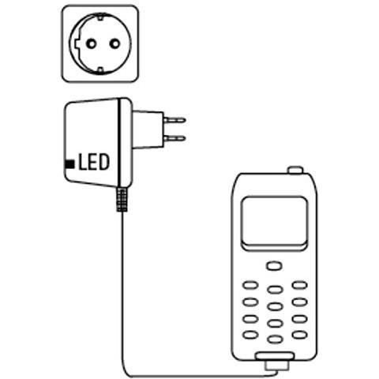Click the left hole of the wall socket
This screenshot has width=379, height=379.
[x=92, y=43]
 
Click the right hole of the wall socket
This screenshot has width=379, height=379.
[x=114, y=43]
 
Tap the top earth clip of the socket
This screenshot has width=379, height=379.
[x=100, y=17]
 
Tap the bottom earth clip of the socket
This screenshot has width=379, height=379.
[x=100, y=69]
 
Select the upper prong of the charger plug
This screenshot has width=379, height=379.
[x=174, y=120]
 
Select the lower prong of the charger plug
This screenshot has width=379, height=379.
[x=174, y=138]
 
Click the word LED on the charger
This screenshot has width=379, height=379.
[x=94, y=162]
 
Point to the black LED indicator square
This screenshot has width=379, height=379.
[x=69, y=164]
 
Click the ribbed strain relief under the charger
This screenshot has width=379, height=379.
[x=122, y=200]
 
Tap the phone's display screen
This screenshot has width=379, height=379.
[x=275, y=220]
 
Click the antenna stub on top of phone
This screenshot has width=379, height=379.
[x=295, y=170]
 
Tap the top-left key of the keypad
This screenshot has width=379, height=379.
[x=250, y=285]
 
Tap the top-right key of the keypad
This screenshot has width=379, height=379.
[x=300, y=285]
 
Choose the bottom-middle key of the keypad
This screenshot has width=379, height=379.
[x=275, y=340]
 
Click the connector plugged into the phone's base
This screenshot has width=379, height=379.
[x=276, y=366]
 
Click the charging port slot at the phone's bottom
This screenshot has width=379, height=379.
[x=275, y=356]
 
